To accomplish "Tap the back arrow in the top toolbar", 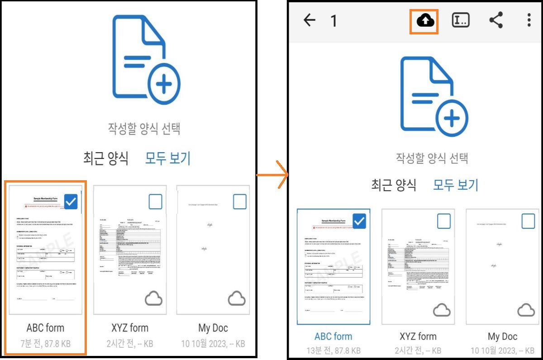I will (310, 20).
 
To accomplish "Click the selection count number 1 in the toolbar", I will (333, 21).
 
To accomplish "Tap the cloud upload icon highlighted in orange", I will (425, 20).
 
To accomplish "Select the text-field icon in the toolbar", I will (461, 20).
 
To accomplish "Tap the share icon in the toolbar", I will (496, 20).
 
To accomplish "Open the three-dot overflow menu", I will (529, 20).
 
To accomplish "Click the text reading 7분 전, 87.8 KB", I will (45, 344).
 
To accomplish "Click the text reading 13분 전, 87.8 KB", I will (333, 350).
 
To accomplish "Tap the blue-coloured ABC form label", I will (333, 336).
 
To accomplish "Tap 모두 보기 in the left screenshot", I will (168, 158).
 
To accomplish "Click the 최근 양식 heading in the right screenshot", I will (394, 184).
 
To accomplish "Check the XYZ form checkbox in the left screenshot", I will (155, 202).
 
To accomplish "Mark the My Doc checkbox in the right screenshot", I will (528, 221).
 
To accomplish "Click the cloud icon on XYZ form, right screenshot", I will (442, 310).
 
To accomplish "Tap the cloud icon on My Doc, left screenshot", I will (237, 298).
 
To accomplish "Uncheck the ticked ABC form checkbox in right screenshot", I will (359, 221).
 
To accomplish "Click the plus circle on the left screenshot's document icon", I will (164, 84).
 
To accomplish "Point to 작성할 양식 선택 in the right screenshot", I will (432, 158).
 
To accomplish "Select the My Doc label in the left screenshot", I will (213, 328).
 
